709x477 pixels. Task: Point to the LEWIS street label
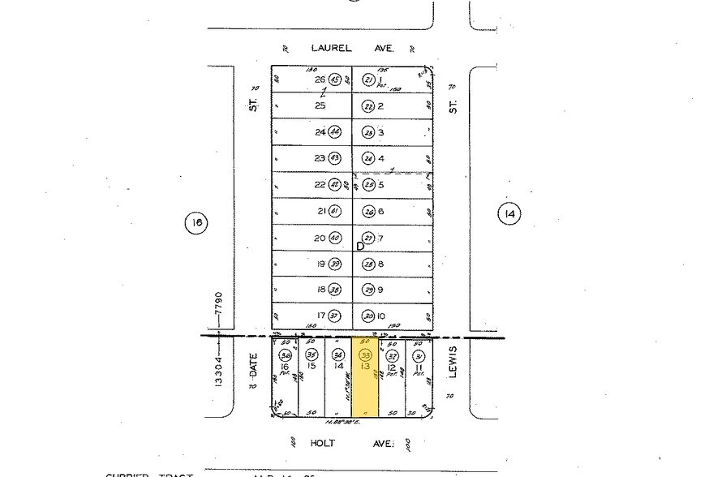(x=453, y=360)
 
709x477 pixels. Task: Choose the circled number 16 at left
(x=196, y=223)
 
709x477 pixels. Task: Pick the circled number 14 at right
(x=509, y=214)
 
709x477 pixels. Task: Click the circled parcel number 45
(x=335, y=79)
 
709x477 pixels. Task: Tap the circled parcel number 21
(x=369, y=79)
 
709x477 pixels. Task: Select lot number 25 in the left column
(x=320, y=106)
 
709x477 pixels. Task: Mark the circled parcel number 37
(x=335, y=316)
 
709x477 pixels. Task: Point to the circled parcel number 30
(x=369, y=316)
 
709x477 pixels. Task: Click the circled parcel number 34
(x=338, y=355)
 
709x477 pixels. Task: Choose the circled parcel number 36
(x=285, y=355)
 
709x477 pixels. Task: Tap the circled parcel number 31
(x=419, y=355)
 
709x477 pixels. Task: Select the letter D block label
(x=360, y=246)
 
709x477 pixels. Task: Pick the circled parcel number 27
(x=369, y=238)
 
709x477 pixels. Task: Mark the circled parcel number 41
(x=335, y=212)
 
